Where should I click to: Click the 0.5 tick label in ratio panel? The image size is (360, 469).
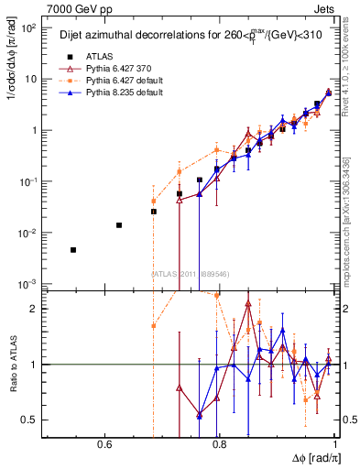[x=29, y=420]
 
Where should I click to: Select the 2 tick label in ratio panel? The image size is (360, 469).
[x=35, y=309]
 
